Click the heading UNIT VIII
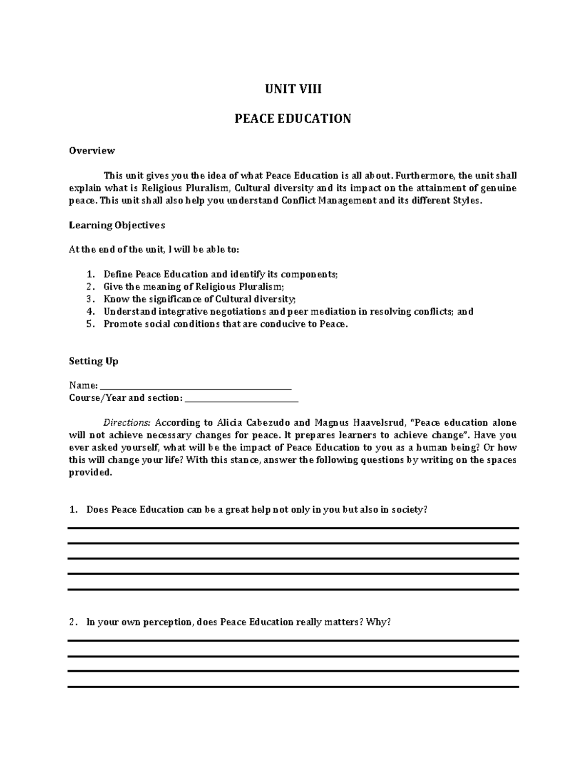[293, 89]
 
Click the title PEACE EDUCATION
[293, 119]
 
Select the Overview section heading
[92, 151]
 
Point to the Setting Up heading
[94, 361]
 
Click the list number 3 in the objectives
[89, 299]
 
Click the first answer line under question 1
[293, 528]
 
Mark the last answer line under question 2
[293, 687]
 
